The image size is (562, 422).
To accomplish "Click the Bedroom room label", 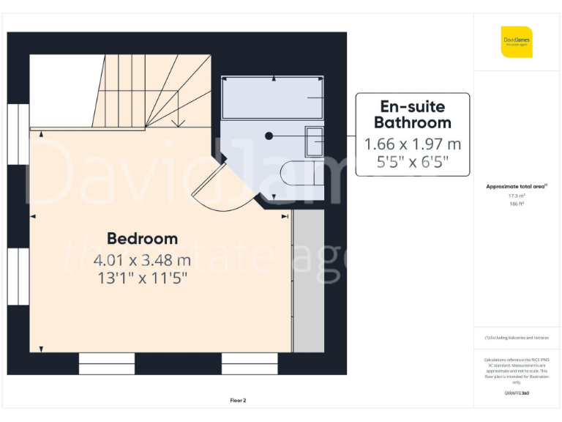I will [x=142, y=238].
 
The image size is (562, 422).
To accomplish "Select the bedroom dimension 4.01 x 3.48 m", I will [x=142, y=259].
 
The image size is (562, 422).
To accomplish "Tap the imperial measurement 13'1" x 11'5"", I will [x=142, y=278].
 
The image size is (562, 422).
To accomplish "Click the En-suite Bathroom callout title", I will [x=412, y=114].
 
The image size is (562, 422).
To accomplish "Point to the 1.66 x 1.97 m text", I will [x=412, y=144].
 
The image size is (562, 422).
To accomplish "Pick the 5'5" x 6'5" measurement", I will [x=412, y=162].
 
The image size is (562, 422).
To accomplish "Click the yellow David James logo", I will [x=517, y=42].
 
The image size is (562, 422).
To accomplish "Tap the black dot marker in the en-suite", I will [x=269, y=136].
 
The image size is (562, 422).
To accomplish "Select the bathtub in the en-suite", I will [x=273, y=97].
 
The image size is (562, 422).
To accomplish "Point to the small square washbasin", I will [x=314, y=141].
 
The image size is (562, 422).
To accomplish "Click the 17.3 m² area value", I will [x=517, y=196].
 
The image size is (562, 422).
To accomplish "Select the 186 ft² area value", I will [x=517, y=204].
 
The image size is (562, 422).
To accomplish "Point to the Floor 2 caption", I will [x=239, y=400].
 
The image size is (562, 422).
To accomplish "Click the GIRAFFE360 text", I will [x=517, y=393].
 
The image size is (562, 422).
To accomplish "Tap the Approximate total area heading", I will [x=517, y=187].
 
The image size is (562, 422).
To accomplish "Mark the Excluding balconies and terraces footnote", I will [x=517, y=337].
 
